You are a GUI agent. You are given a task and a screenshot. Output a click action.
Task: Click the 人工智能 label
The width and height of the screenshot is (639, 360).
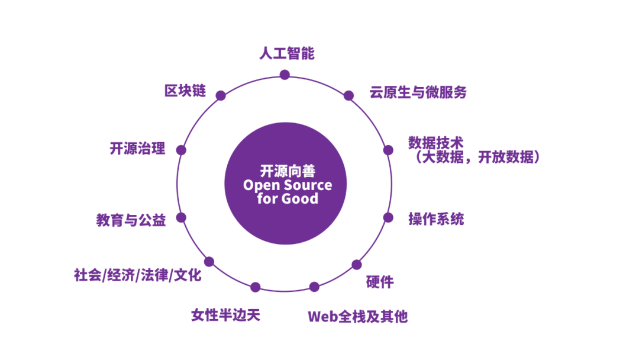(286, 54)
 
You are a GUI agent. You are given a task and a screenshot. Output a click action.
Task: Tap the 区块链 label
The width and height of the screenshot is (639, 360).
(185, 91)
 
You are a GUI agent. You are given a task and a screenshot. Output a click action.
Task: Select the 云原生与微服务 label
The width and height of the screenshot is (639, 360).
(418, 92)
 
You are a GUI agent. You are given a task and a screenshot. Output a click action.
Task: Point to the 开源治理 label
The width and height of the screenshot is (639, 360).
(137, 148)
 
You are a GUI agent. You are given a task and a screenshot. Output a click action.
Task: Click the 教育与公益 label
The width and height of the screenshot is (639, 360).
(131, 220)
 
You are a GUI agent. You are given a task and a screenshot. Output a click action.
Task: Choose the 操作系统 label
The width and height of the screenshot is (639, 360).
(436, 219)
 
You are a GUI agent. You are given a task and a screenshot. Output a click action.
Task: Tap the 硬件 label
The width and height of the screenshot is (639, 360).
(379, 282)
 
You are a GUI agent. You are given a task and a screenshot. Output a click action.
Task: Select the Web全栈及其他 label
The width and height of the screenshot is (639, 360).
(357, 316)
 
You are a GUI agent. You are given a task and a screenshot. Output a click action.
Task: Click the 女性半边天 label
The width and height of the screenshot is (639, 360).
(225, 314)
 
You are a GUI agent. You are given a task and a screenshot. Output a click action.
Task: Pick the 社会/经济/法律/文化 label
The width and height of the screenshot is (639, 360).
(137, 275)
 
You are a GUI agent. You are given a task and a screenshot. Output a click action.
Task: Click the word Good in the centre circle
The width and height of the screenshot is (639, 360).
(299, 198)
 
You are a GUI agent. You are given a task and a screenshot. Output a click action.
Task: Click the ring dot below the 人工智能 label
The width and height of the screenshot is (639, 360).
(285, 75)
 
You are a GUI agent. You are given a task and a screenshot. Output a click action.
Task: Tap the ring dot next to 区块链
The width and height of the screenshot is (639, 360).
(221, 95)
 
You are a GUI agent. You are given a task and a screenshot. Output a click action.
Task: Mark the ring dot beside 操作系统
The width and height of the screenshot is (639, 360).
(388, 217)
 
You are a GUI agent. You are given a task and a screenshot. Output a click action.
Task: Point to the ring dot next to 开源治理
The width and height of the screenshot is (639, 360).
(182, 150)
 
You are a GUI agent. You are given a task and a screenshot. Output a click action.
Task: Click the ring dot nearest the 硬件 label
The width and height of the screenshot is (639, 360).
(356, 264)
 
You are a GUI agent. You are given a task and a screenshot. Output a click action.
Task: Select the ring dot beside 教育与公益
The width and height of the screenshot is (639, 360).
(182, 217)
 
